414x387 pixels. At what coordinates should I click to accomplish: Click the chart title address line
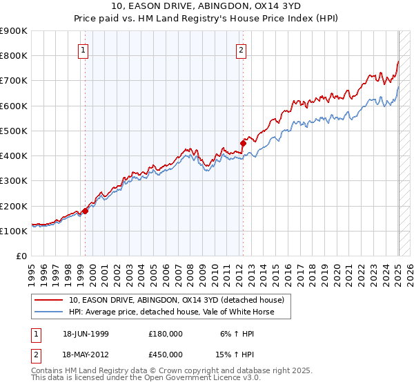pyautogui.click(x=207, y=6)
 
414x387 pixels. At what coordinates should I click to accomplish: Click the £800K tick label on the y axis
pyautogui.click(x=14, y=55)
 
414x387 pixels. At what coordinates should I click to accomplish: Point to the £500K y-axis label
pyautogui.click(x=14, y=131)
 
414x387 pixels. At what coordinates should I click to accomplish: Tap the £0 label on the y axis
pyautogui.click(x=21, y=256)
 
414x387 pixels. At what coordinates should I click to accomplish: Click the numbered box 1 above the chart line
pyautogui.click(x=83, y=49)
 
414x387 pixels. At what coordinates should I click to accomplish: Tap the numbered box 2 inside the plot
pyautogui.click(x=241, y=49)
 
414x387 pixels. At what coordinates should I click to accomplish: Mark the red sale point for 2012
pyautogui.click(x=243, y=144)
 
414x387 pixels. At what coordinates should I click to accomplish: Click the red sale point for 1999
pyautogui.click(x=86, y=211)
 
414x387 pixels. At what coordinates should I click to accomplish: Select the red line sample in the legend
pyautogui.click(x=48, y=300)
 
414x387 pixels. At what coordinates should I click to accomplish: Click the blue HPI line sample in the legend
pyautogui.click(x=48, y=312)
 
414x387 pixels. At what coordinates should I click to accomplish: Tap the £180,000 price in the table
pyautogui.click(x=166, y=333)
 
